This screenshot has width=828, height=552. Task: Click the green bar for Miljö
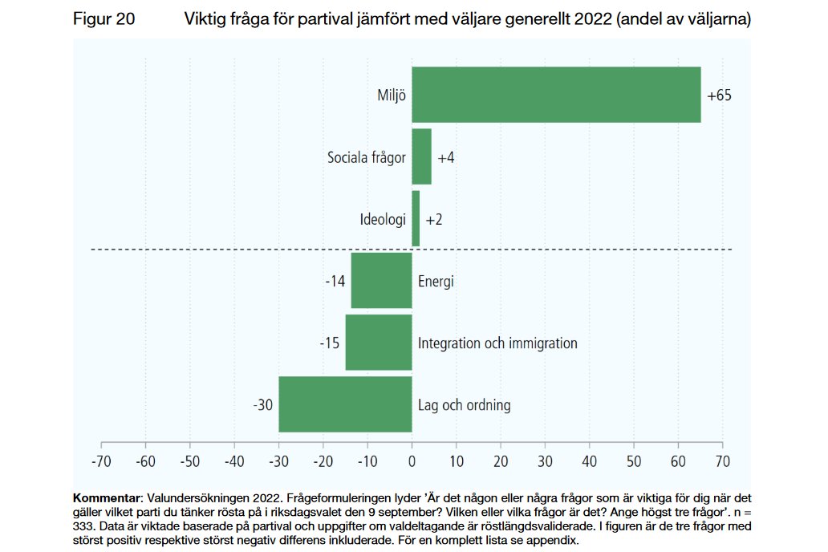(556, 95)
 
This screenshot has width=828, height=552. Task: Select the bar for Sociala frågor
(421, 156)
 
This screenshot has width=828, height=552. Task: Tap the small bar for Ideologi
(416, 218)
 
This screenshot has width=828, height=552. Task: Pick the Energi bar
(381, 281)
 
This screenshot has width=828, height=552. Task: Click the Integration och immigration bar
(378, 343)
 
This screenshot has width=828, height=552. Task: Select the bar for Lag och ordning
(345, 404)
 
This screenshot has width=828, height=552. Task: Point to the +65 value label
(719, 95)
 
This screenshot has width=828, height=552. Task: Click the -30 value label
(262, 405)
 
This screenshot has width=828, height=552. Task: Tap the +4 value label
(446, 157)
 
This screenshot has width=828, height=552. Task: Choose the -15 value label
(329, 343)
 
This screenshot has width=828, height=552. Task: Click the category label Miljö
(392, 95)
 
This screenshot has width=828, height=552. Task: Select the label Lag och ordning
(464, 405)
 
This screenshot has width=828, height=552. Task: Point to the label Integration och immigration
(497, 343)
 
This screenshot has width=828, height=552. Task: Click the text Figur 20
(103, 19)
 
